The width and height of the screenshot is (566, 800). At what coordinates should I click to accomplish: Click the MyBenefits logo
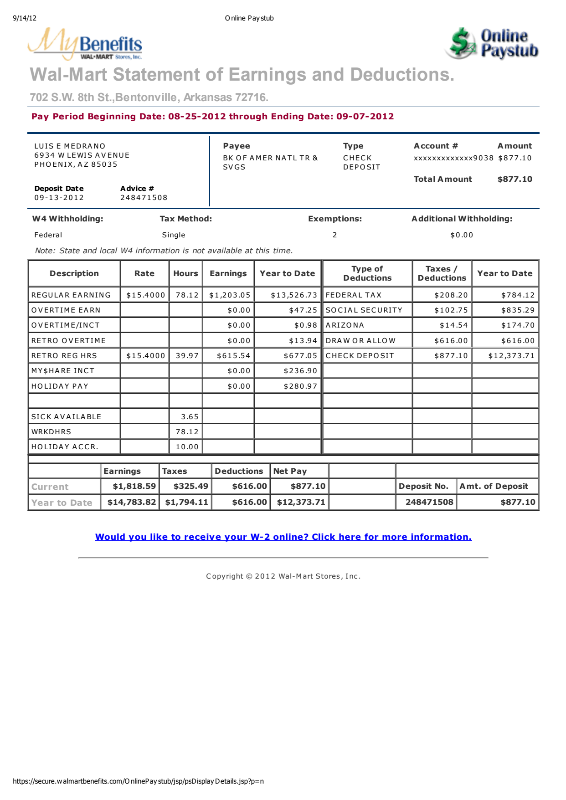pos(85,44)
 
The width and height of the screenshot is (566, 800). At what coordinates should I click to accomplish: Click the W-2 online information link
pos(283,537)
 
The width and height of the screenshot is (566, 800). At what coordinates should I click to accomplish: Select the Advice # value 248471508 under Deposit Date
pos(144,198)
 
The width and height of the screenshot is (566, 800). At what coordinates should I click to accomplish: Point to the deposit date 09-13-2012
pos(59,198)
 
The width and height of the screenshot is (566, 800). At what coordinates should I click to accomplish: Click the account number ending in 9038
pos(453,158)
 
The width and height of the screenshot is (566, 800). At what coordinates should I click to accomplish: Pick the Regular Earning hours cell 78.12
pos(187,295)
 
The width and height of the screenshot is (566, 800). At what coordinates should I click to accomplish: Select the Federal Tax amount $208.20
pos(451,295)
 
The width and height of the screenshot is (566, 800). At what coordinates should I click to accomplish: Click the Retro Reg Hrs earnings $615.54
pos(233,356)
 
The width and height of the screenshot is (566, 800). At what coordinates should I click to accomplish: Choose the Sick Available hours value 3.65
pos(190,417)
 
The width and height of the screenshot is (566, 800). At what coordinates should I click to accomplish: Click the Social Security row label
pos(364,310)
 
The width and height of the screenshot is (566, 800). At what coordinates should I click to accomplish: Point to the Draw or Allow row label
pos(360,341)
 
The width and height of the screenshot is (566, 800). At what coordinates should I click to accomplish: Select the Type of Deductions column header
pos(367,273)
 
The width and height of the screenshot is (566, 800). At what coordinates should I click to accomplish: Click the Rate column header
pos(144,273)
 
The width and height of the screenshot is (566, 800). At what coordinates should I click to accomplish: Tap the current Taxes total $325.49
pos(190,486)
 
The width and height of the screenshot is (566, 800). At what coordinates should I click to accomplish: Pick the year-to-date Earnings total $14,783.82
pos(132,502)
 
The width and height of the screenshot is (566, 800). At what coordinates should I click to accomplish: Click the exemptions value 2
pos(334,235)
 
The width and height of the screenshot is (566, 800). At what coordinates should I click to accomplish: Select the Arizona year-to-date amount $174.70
pos(518,325)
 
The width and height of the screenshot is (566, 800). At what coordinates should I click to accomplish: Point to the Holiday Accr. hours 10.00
pos(187,447)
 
